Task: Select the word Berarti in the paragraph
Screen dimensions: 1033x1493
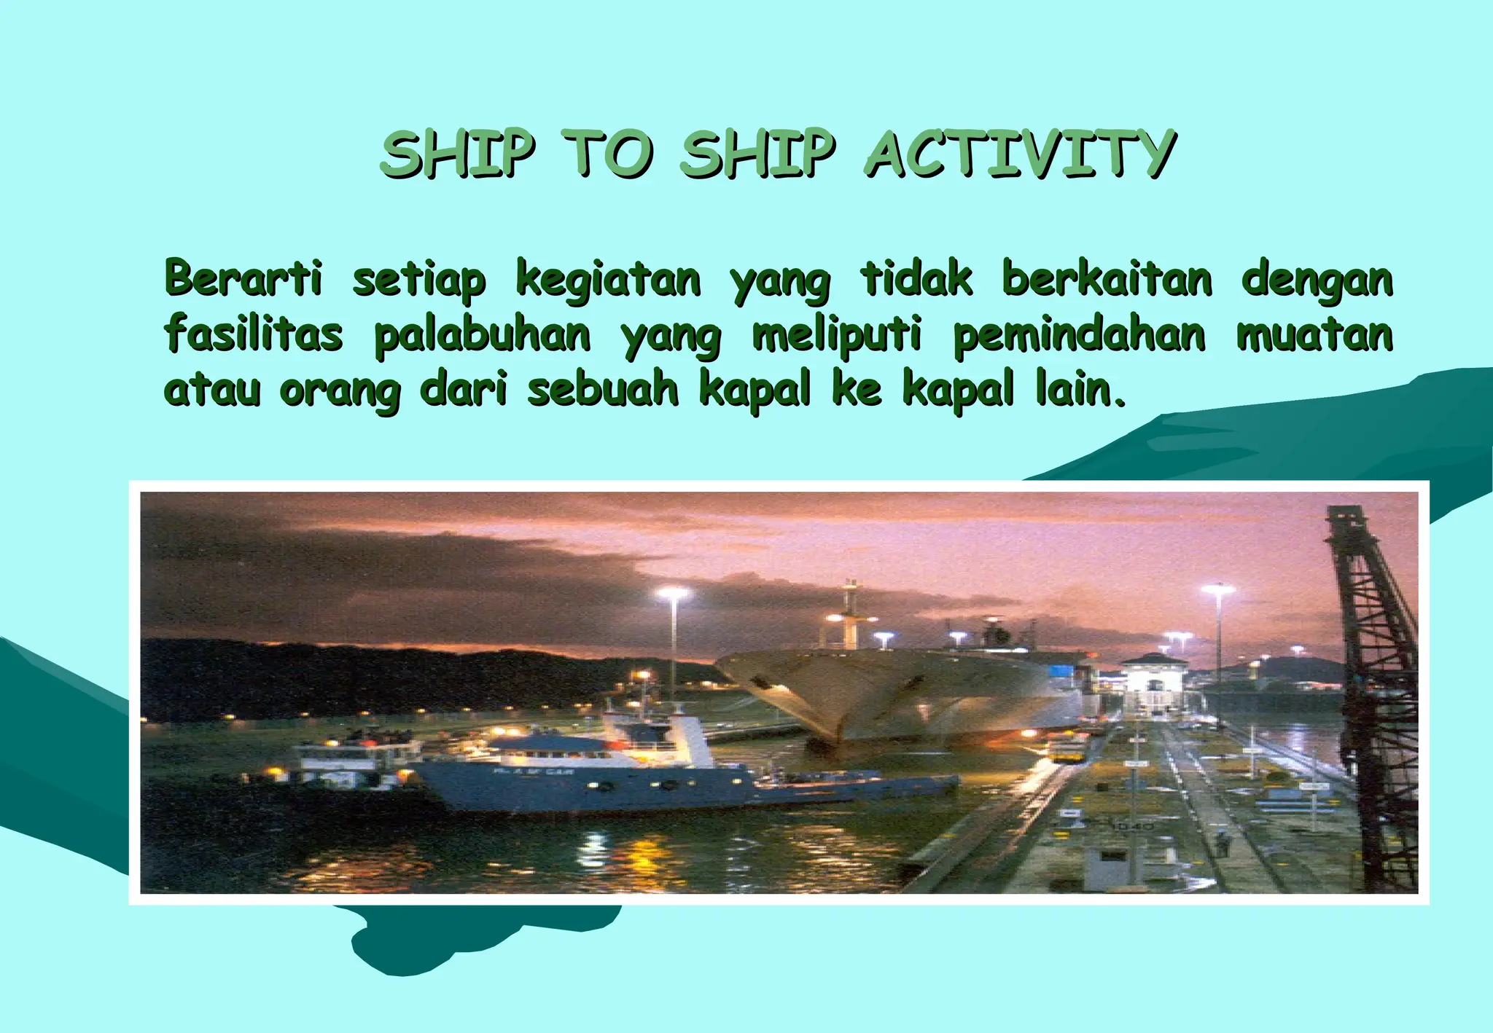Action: (x=243, y=278)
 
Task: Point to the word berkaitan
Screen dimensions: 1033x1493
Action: (x=1107, y=278)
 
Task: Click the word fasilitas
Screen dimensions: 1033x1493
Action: (x=253, y=334)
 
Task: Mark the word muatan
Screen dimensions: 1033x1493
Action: (x=1314, y=334)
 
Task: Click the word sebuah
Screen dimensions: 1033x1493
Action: (x=602, y=390)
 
